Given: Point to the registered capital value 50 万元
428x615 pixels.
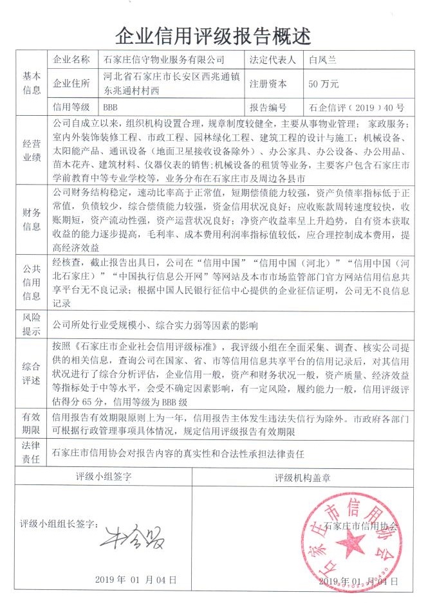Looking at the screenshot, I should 323,84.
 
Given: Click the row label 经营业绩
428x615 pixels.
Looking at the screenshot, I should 32,152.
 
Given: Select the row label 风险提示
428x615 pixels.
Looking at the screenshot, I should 32,325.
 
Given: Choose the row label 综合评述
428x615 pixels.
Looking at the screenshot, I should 32,373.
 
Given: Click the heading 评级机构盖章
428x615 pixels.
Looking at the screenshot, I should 302,477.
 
